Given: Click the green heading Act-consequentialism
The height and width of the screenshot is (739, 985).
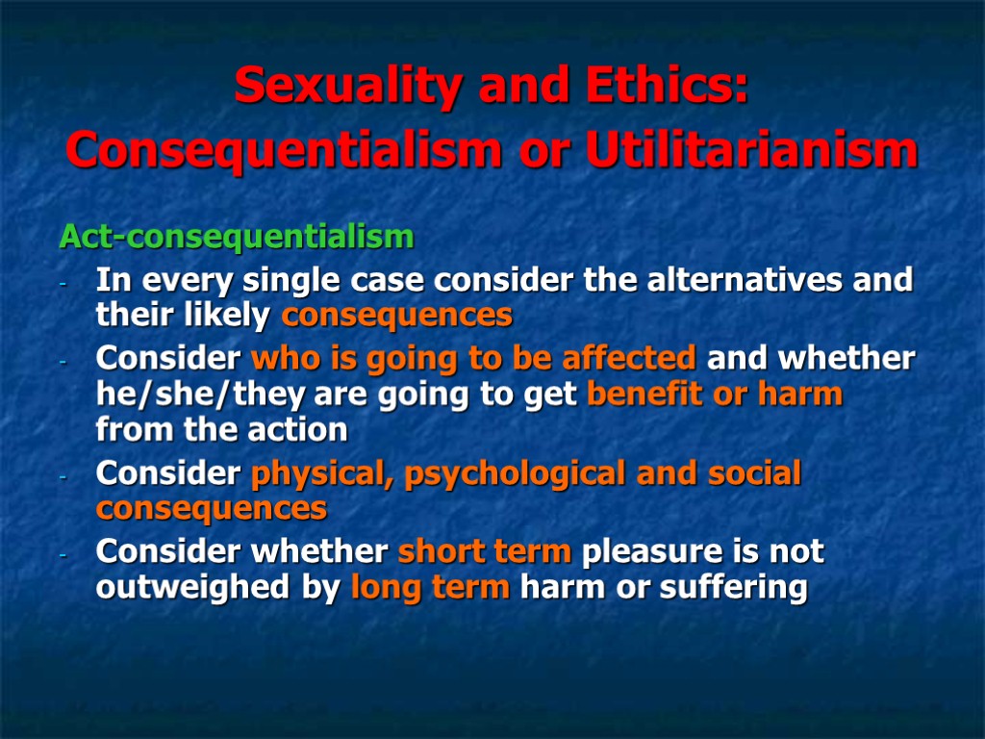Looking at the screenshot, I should (x=237, y=236).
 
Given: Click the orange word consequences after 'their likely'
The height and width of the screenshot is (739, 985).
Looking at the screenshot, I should (x=397, y=315).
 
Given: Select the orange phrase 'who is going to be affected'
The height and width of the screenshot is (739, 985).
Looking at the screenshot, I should (x=473, y=359).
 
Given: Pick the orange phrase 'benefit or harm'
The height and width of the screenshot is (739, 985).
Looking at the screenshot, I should (x=714, y=395).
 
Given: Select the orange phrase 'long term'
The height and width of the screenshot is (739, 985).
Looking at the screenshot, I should (x=430, y=587).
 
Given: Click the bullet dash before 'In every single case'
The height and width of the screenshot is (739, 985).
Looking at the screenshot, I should (x=63, y=286).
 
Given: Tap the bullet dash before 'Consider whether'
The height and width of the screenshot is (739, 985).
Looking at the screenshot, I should (x=63, y=556).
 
